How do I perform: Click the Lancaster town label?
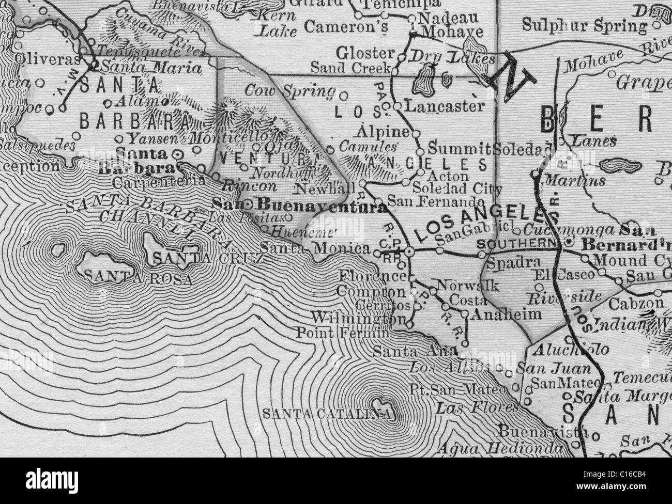coord(444,106)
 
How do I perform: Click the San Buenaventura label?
coord(300,207)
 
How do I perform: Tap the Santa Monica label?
coord(315,248)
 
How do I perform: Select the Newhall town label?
coord(336,185)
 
